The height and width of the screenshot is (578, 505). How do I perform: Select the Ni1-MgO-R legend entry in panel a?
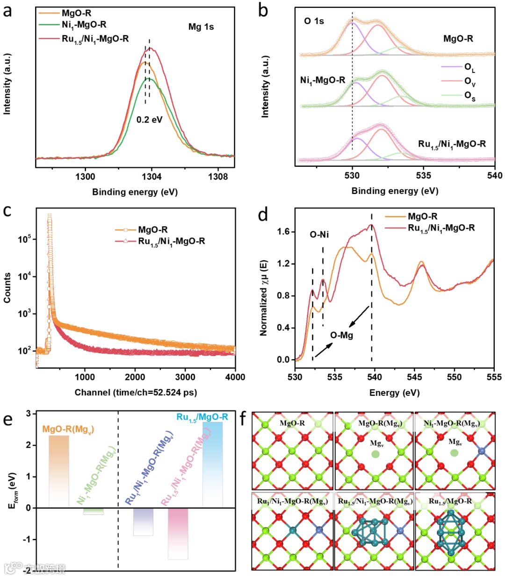[84, 25]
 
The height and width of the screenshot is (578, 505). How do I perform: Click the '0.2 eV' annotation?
[149, 120]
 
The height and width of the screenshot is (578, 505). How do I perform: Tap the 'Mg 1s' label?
[201, 27]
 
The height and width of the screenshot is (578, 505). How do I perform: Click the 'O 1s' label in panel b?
[314, 21]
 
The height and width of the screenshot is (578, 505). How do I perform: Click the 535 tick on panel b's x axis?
[424, 176]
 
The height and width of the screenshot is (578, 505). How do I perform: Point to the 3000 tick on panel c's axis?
[185, 377]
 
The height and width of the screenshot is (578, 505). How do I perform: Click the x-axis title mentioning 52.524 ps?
[136, 392]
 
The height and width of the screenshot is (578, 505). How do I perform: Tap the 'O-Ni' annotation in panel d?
[319, 235]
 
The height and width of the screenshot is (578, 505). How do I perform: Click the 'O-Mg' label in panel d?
[341, 335]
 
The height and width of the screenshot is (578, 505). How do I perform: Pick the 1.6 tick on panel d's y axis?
[283, 232]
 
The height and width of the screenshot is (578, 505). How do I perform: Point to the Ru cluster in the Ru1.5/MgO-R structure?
[449, 531]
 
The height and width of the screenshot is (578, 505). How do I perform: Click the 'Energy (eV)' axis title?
[394, 392]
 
